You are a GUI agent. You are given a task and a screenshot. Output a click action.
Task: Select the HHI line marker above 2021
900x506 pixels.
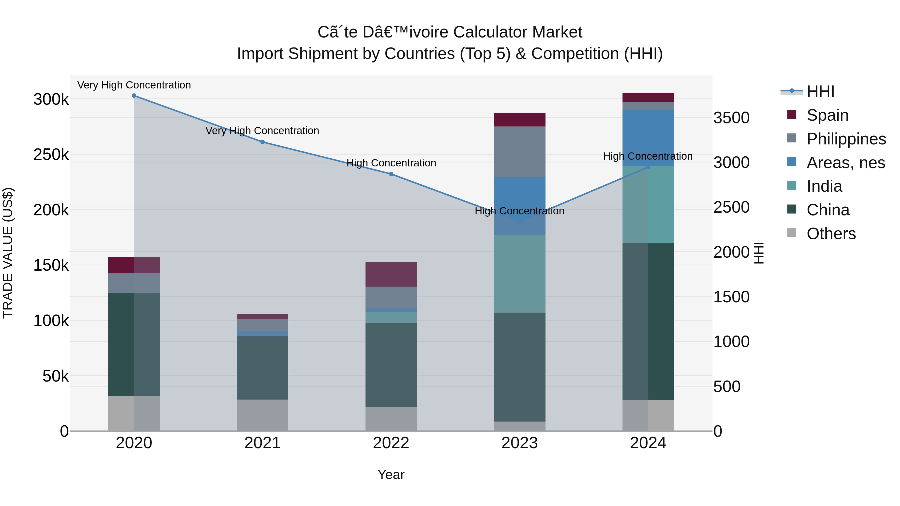262,142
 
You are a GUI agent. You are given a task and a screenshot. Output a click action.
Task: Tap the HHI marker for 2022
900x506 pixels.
391,174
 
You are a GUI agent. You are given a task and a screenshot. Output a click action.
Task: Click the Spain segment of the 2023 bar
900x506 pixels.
519,119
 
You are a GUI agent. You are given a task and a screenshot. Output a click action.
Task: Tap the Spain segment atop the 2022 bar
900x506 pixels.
391,274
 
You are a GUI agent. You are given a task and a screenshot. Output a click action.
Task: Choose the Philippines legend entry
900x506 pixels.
846,139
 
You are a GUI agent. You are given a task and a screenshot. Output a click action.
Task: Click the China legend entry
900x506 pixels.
828,210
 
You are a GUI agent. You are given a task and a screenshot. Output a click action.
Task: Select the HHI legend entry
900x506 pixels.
820,91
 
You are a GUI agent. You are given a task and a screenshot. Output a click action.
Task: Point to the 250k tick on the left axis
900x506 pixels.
51,155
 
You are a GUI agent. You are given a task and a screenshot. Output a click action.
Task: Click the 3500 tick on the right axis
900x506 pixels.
731,118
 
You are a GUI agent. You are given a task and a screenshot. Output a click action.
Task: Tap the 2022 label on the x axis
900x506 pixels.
391,443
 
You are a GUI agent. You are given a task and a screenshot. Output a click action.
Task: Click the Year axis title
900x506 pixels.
391,475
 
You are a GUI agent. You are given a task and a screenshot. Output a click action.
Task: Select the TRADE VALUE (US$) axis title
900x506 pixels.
8,253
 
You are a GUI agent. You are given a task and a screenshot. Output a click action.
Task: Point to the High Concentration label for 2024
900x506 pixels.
647,156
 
